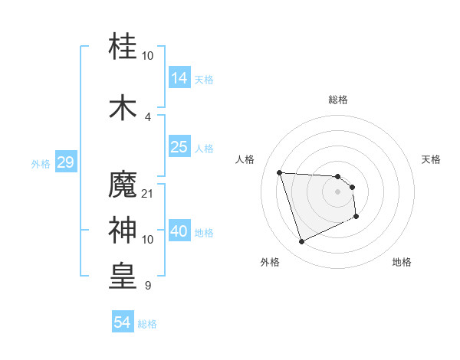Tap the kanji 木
coord(123,106)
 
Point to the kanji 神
coord(123,229)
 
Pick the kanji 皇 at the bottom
coord(123,276)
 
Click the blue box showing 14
coord(179,77)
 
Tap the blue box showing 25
coord(179,148)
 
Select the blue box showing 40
coord(179,232)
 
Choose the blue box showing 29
coord(65,162)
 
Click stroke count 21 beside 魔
coord(148,193)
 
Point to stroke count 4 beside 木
coord(148,116)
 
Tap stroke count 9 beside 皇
coord(148,286)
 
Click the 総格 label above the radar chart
coord(338,100)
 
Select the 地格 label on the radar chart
coord(402,262)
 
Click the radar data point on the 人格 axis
coord(279,172)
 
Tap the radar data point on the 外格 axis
coord(301,242)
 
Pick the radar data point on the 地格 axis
coord(356,217)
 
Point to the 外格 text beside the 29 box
coord(41,163)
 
